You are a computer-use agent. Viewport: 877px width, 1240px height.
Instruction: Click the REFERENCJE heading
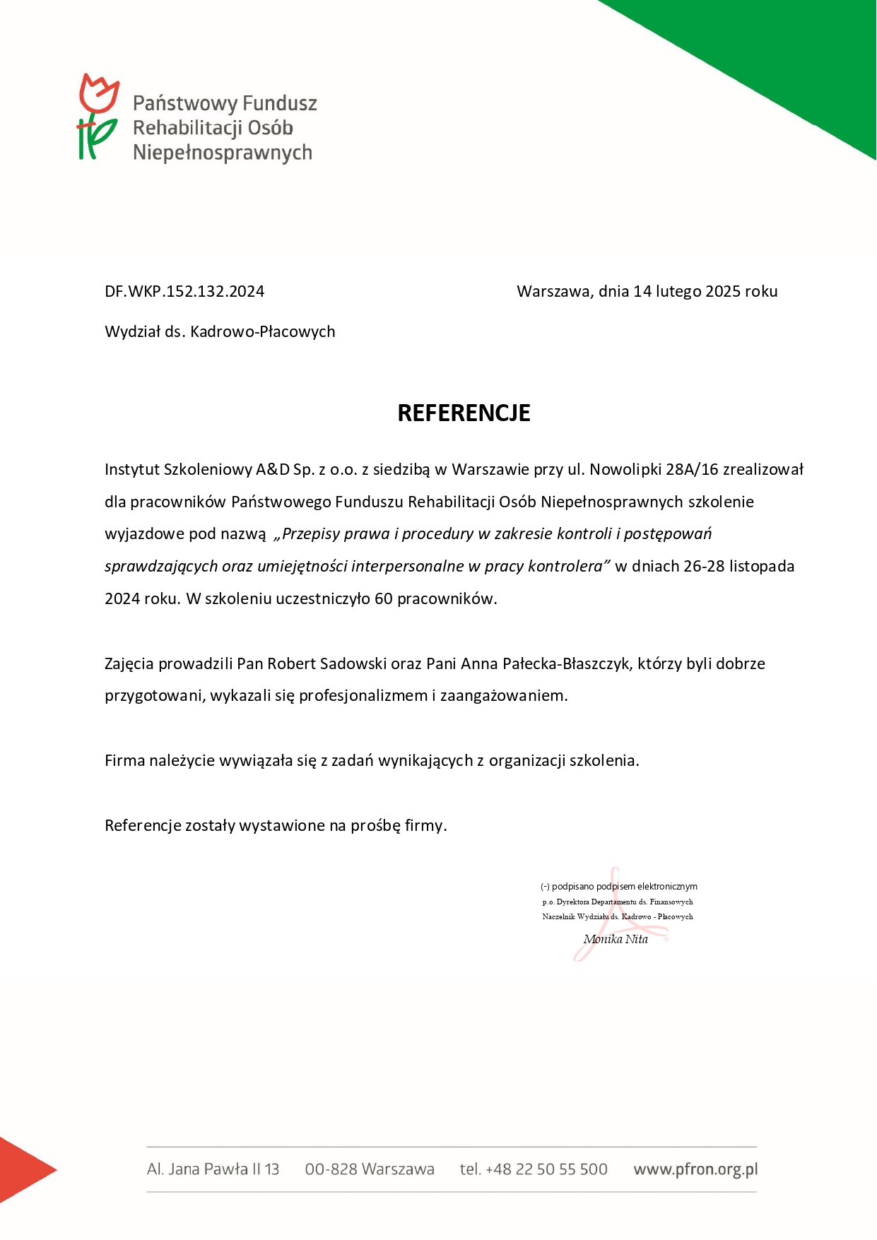pos(464,413)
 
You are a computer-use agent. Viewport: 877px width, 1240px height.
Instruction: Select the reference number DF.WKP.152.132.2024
pos(184,291)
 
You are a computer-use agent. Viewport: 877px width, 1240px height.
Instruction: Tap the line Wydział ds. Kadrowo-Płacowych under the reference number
pos(220,331)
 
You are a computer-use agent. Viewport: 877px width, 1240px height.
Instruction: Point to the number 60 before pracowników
pos(383,598)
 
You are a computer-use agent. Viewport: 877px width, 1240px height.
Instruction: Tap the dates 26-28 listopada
pos(738,566)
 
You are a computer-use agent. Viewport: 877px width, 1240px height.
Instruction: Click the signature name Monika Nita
pos(616,939)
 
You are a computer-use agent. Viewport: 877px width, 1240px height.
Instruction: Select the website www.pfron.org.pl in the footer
pos(695,1169)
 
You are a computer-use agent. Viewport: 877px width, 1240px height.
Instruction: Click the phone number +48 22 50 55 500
pos(546,1169)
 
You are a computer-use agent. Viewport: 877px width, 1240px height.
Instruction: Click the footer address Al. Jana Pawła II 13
pos(213,1169)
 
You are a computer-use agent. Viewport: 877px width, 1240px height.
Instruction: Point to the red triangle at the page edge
pos(21,1169)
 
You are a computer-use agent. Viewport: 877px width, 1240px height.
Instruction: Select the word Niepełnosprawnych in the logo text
pos(223,153)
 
